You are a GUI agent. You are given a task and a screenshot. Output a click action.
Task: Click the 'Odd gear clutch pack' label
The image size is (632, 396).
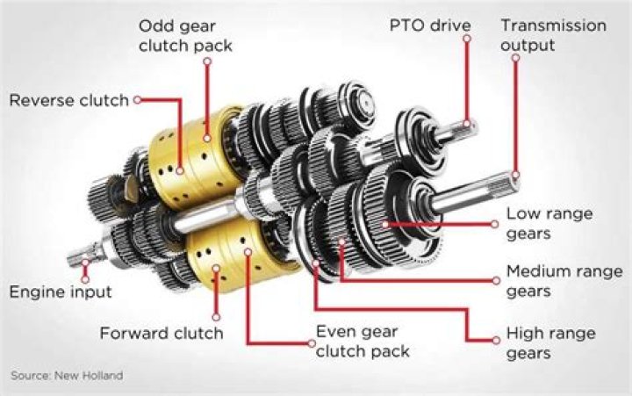[185, 36]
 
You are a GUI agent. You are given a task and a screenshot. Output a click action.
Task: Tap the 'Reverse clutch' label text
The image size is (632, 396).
[69, 100]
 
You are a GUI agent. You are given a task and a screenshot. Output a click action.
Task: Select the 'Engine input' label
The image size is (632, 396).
[61, 292]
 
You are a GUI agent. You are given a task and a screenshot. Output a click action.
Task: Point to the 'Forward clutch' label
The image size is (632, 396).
[162, 333]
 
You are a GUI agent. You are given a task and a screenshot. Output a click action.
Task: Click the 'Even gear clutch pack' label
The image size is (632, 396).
[363, 342]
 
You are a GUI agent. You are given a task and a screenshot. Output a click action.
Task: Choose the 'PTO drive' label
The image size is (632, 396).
[430, 25]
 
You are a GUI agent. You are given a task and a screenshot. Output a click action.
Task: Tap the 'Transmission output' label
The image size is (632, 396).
[553, 35]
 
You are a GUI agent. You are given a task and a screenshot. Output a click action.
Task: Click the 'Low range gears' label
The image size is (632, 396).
[549, 223]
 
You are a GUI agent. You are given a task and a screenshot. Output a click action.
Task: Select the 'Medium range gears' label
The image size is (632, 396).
[564, 281]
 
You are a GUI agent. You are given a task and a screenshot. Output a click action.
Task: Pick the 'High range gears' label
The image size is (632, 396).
[550, 342]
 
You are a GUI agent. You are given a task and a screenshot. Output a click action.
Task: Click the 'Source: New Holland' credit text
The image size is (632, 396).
[67, 376]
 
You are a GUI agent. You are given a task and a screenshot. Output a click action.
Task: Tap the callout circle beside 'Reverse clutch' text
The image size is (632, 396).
[138, 99]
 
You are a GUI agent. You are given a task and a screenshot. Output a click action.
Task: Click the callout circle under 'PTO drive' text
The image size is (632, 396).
[467, 39]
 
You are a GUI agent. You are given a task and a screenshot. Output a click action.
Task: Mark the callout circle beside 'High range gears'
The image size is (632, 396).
[496, 341]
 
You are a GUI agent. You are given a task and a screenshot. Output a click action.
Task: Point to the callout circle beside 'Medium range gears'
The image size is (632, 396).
[496, 281]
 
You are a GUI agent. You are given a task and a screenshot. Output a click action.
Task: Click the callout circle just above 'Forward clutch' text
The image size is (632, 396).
[216, 317]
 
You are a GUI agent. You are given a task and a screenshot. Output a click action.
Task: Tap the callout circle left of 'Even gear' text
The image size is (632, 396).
[312, 343]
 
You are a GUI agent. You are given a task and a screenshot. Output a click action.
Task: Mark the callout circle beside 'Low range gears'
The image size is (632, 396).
[495, 224]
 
